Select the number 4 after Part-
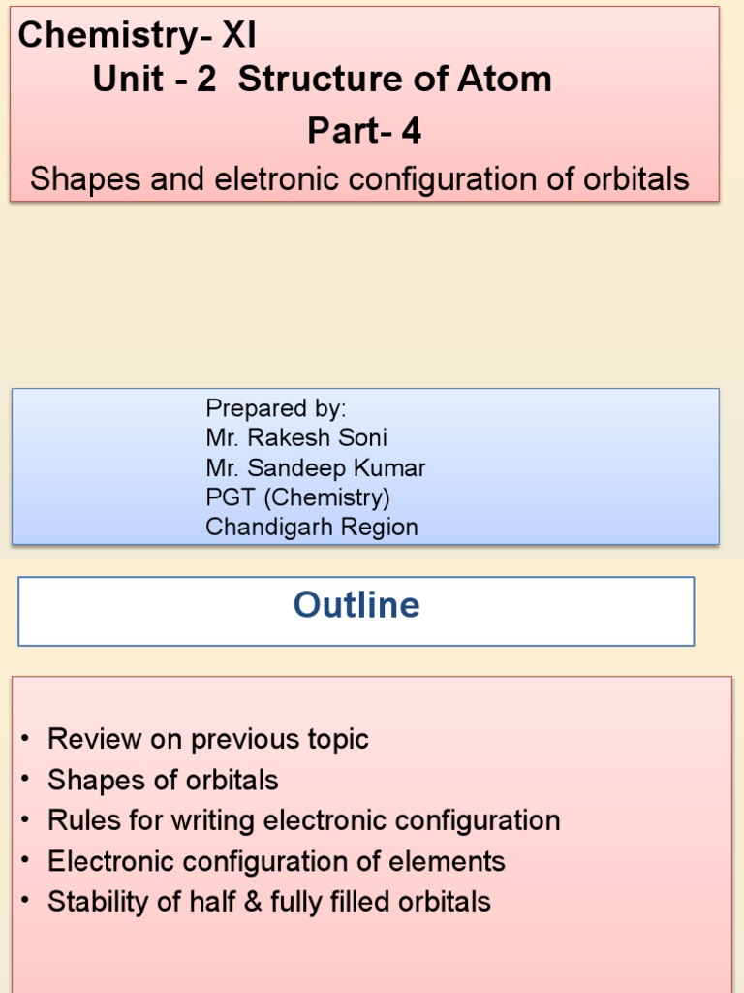[x=412, y=131]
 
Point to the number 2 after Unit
[x=206, y=80]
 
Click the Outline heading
[x=356, y=605]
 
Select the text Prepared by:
[x=276, y=407]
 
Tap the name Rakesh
[x=288, y=437]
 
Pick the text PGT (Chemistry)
[x=297, y=497]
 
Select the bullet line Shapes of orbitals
[x=163, y=780]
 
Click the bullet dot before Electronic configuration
[x=23, y=861]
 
